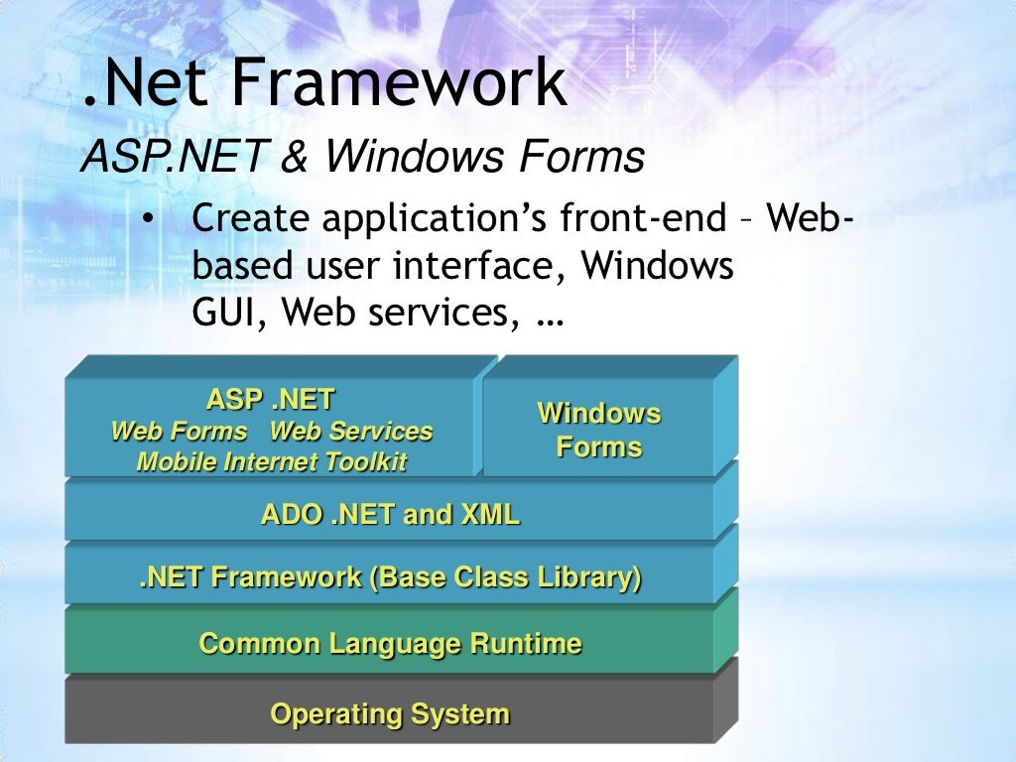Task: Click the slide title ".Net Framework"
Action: point(324,84)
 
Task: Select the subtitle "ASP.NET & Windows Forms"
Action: point(362,157)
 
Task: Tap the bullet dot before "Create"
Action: point(147,219)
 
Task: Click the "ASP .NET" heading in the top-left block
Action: point(270,400)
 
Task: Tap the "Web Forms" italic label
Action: point(179,432)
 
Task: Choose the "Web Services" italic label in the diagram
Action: point(351,432)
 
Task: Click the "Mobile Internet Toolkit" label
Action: point(271,462)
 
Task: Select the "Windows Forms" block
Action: point(598,430)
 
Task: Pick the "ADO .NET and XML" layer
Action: point(389,515)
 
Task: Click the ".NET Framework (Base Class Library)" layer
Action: point(389,577)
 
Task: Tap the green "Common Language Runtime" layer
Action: point(389,644)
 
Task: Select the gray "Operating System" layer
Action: point(389,713)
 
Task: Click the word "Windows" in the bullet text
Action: point(657,266)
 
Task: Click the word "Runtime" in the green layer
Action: point(526,644)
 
